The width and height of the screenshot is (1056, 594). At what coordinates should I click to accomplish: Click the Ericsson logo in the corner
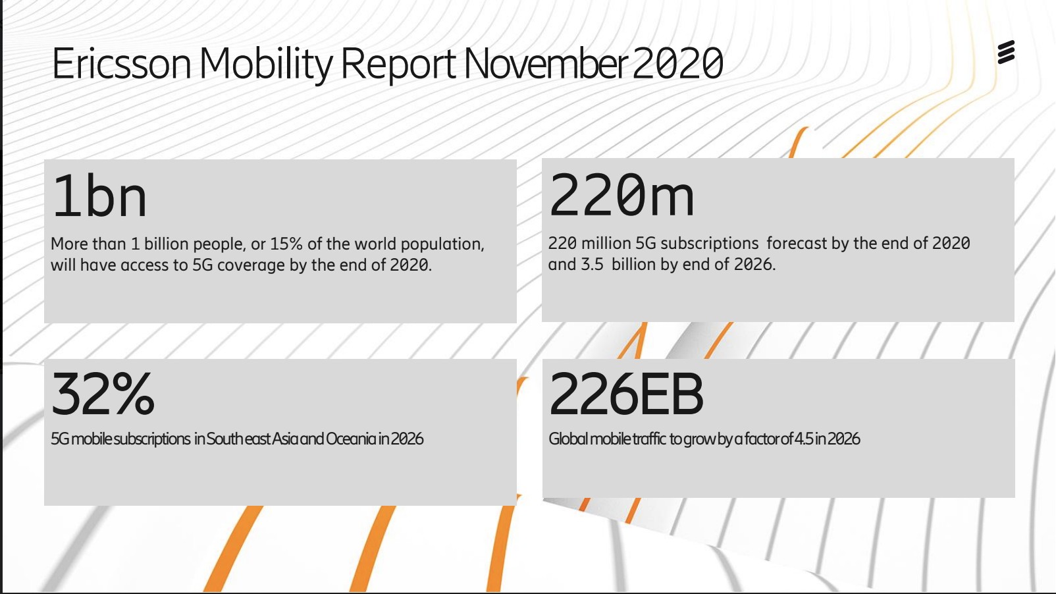(1006, 52)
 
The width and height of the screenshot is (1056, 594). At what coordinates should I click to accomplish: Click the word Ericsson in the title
(121, 64)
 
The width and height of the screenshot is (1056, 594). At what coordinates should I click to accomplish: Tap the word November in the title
(545, 64)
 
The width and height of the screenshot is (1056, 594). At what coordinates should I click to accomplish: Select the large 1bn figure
(99, 196)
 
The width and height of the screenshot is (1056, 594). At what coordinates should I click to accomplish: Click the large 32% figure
(103, 394)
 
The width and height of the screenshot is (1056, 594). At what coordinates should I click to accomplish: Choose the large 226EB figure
(626, 394)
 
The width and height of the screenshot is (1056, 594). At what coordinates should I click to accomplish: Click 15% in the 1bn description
(286, 244)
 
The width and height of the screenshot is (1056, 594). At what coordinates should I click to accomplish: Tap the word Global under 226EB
(568, 439)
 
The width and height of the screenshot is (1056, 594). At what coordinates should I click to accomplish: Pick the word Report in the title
(398, 64)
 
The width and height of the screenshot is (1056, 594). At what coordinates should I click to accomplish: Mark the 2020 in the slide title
(678, 64)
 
